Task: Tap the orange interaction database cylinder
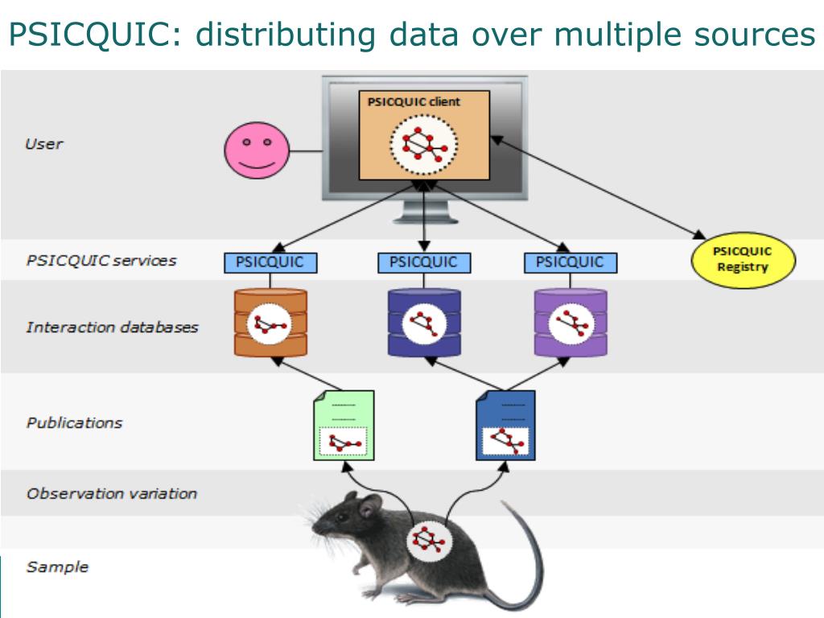click(270, 323)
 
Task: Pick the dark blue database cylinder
click(424, 323)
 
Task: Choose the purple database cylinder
click(571, 323)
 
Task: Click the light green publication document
click(344, 425)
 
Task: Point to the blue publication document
click(505, 425)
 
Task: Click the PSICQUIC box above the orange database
click(270, 262)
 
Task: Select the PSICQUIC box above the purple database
click(570, 262)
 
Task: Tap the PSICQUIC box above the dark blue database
click(423, 262)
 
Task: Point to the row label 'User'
click(44, 144)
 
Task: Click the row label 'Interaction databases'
click(112, 328)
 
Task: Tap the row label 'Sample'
click(57, 566)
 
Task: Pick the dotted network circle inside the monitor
click(424, 146)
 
